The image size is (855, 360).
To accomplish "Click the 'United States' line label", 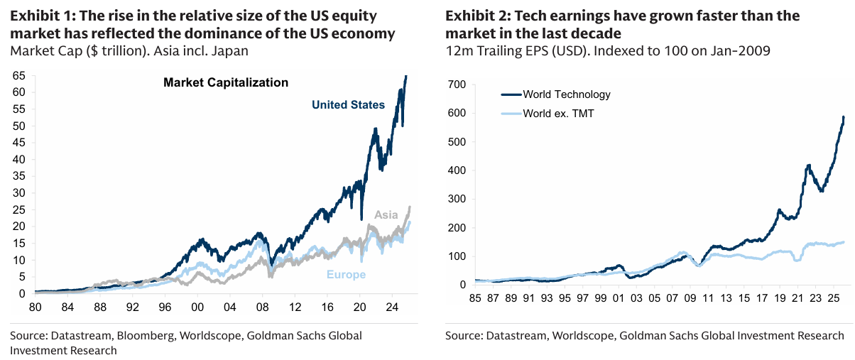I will point(348,105).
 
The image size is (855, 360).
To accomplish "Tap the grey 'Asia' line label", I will point(386,214).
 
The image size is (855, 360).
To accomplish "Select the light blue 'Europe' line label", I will point(346,275).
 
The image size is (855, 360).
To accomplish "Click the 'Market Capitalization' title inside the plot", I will point(226,82).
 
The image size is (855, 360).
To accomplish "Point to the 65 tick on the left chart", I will point(20,75).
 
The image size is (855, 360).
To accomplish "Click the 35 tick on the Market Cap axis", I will point(20,176).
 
